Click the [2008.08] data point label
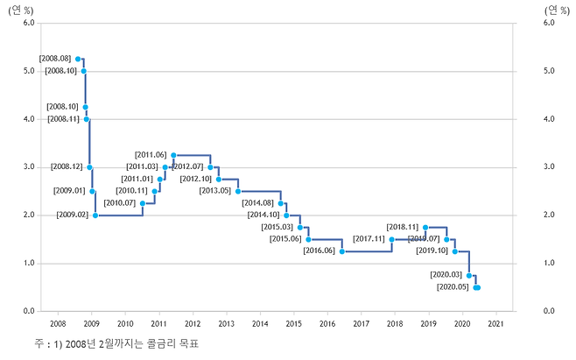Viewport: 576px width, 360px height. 56,59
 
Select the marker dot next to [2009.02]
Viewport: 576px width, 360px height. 95,215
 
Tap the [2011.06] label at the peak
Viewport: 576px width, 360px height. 151,155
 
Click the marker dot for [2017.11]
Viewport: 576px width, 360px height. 392,238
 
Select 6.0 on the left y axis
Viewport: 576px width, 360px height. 27,23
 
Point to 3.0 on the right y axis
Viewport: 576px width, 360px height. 550,167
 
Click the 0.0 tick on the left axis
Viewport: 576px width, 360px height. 27,311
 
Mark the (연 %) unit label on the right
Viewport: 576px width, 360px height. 557,9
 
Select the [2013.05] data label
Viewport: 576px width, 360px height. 215,190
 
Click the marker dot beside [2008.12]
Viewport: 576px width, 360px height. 89,166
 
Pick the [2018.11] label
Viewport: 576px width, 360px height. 404,227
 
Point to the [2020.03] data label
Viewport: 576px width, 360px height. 447,275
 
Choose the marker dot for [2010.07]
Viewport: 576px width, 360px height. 142,202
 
